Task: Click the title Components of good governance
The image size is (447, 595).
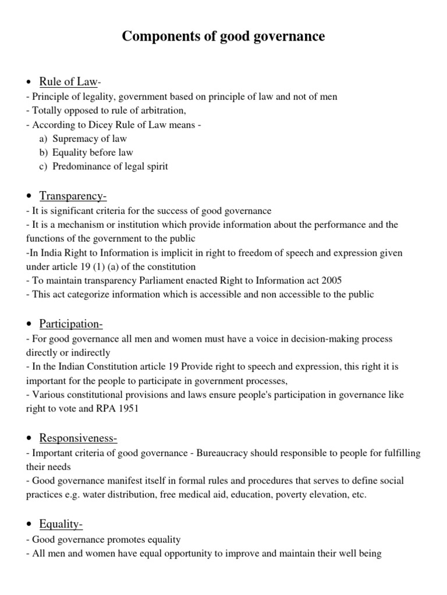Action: tap(223, 37)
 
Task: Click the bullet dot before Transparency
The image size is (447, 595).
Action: tap(29, 196)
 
